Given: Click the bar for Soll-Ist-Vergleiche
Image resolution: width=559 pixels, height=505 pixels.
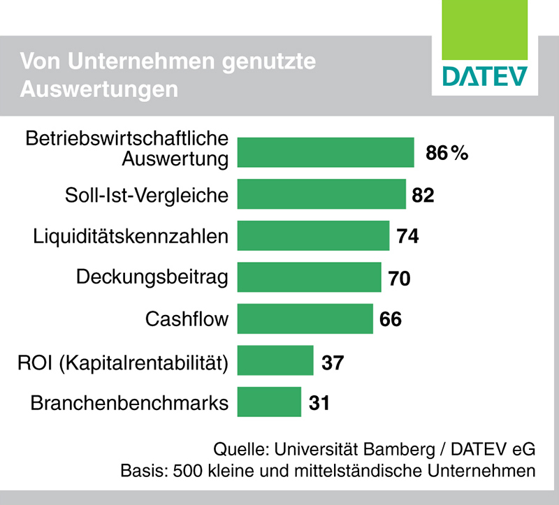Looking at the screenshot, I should pyautogui.click(x=322, y=193).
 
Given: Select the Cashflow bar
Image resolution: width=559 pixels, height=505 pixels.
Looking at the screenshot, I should pyautogui.click(x=305, y=319).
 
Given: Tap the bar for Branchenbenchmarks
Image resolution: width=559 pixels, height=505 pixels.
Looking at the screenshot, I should pyautogui.click(x=270, y=402).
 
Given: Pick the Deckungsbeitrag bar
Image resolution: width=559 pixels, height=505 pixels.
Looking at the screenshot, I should pyautogui.click(x=310, y=277).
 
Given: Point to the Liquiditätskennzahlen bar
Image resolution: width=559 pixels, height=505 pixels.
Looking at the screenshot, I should pyautogui.click(x=314, y=235).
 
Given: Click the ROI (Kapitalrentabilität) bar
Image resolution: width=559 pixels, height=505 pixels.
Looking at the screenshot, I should pyautogui.click(x=275, y=360).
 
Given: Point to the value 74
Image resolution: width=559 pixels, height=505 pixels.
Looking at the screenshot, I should pyautogui.click(x=407, y=236).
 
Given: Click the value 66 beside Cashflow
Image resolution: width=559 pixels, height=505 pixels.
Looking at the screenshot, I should pyautogui.click(x=391, y=320).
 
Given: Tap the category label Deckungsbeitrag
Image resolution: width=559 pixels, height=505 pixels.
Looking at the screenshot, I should pyautogui.click(x=152, y=278).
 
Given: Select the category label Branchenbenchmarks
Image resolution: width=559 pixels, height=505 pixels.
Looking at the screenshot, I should pyautogui.click(x=130, y=403).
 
